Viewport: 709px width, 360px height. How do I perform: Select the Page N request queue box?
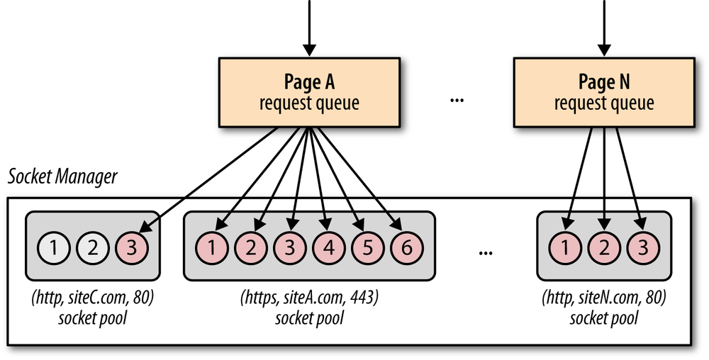click(x=603, y=93)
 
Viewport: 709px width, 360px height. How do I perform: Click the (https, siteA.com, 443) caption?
click(x=309, y=298)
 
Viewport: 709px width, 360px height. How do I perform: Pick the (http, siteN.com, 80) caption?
click(x=603, y=298)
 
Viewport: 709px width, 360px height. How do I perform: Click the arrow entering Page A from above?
click(x=308, y=28)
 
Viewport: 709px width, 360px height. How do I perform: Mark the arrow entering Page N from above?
click(x=605, y=28)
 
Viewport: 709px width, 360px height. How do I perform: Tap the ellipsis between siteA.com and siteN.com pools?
click(x=486, y=252)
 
